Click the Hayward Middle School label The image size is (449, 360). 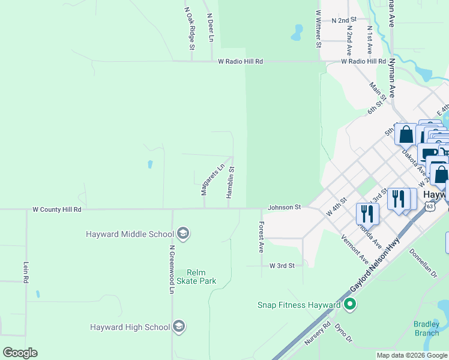[130, 234]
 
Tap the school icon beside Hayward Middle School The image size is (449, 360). [183, 234]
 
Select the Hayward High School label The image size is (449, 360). [130, 327]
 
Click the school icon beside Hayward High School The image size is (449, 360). [178, 327]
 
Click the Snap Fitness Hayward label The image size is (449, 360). [299, 305]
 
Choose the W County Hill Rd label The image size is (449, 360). [56, 209]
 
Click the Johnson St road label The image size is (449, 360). [284, 207]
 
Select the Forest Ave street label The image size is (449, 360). [261, 236]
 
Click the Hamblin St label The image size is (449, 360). [230, 182]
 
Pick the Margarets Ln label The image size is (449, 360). [204, 179]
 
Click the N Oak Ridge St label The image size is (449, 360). [190, 28]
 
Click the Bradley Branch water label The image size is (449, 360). [426, 329]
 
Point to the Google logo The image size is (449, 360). [20, 353]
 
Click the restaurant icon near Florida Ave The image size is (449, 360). [367, 212]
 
